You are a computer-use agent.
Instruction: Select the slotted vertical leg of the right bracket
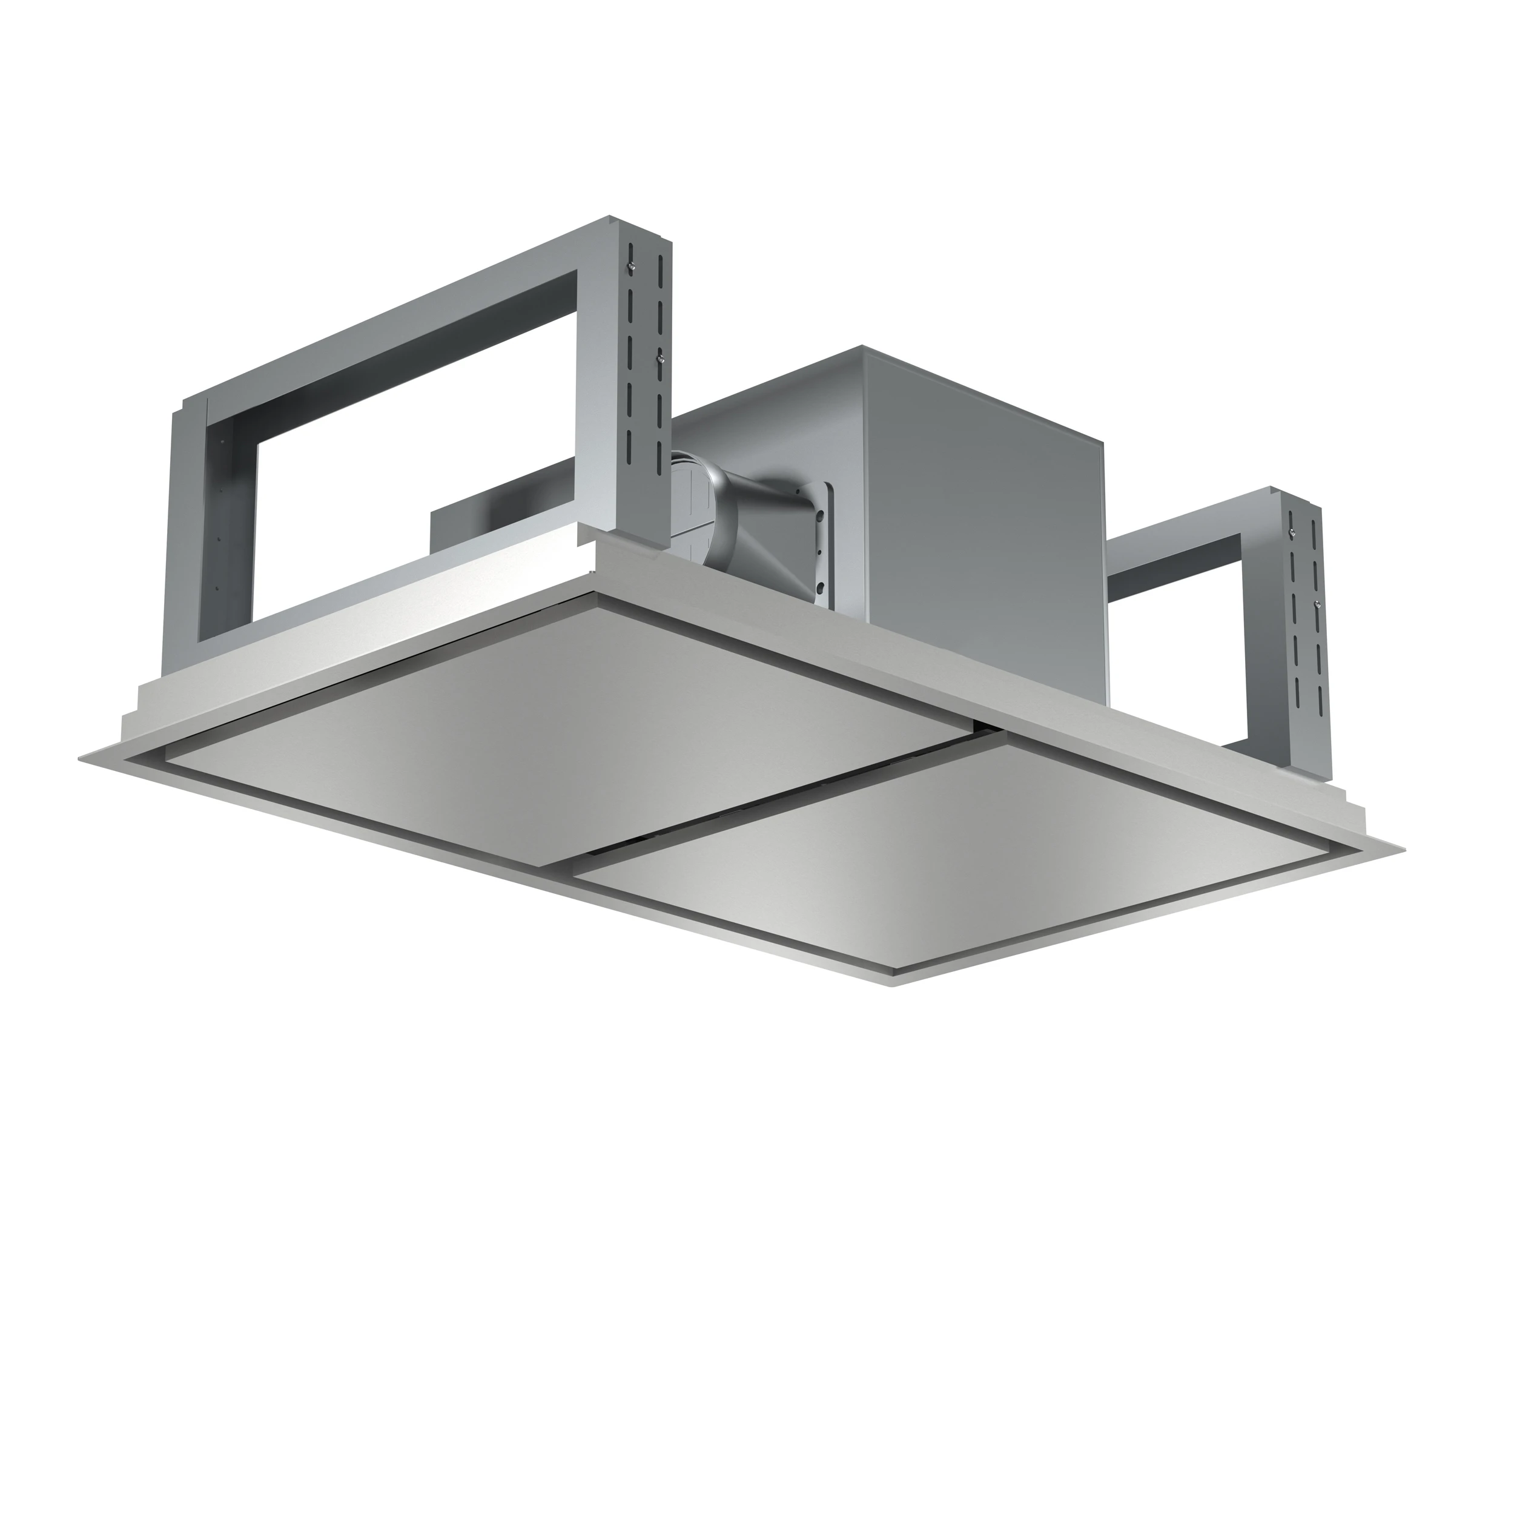coord(1306,627)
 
